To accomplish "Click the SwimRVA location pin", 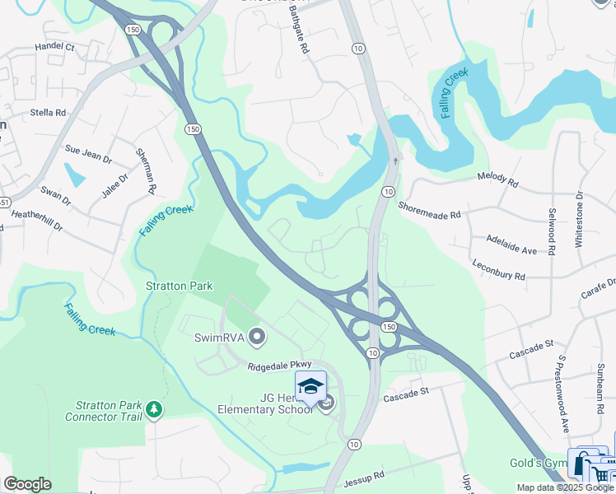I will pos(257,337).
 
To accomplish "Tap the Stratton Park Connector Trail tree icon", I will pos(153,409).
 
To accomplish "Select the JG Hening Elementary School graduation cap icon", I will pos(310,385).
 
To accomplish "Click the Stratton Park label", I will pos(180,286).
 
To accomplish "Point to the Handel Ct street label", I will pos(54,48).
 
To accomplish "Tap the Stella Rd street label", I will pos(47,112).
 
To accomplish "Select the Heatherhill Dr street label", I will pos(36,219).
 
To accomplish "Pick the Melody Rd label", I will pos(498,180).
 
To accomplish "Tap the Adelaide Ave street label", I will pos(511,245).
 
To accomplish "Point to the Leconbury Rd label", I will pos(498,271).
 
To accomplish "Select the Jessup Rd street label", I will pos(366,476).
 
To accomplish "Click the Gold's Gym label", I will pos(537,463).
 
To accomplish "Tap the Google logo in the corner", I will pos(27,484).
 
